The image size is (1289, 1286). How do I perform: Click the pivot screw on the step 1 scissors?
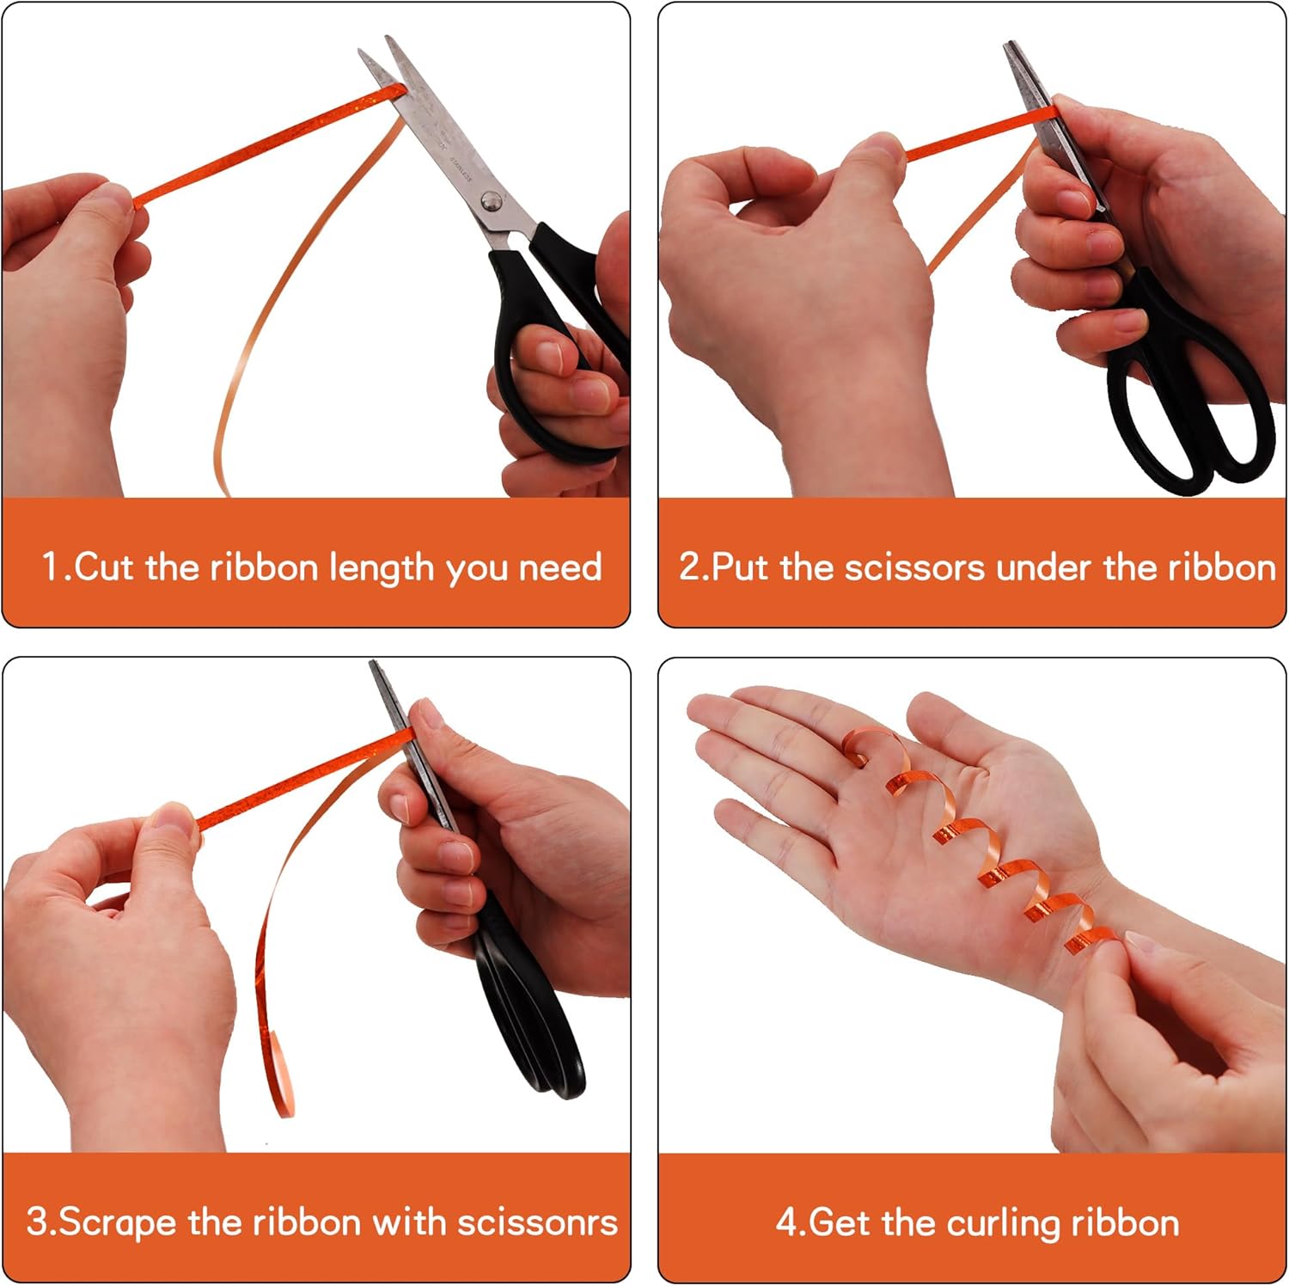coord(491,201)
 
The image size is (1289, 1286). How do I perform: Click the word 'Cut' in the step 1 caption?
coord(106,567)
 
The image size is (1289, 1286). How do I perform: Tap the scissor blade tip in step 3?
coord(373,664)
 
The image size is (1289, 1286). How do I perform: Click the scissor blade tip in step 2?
coord(1008,46)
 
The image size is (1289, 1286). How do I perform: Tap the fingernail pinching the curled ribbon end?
coord(1144,942)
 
